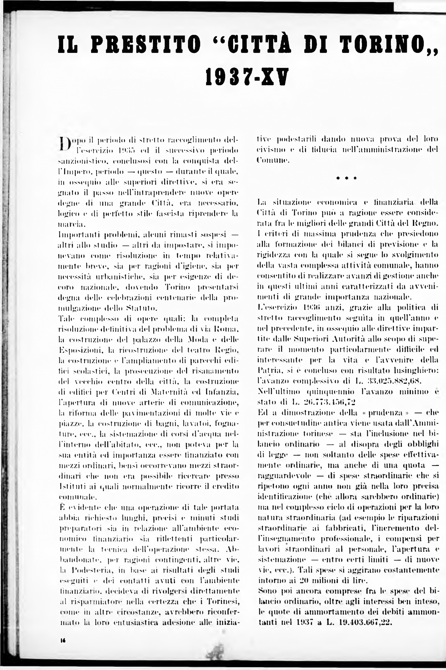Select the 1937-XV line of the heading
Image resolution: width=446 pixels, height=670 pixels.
(x=247, y=77)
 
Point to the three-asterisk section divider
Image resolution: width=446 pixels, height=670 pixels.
(x=346, y=178)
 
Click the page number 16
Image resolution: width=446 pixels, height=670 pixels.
(x=63, y=640)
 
